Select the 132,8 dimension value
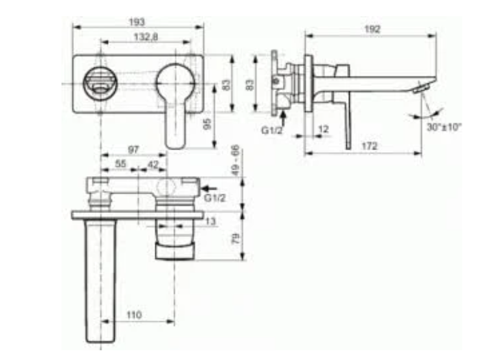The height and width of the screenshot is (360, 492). click(x=146, y=38)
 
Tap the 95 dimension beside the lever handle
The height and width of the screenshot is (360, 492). click(x=208, y=124)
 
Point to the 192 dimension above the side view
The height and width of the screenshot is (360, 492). click(x=372, y=29)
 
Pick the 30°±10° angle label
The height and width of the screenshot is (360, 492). click(x=443, y=128)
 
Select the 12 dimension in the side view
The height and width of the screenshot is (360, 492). click(x=324, y=129)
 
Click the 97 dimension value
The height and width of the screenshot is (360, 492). click(x=133, y=150)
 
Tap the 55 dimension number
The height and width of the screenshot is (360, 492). click(x=121, y=165)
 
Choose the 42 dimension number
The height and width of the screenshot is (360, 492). click(x=153, y=165)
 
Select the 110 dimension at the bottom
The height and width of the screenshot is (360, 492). click(x=134, y=315)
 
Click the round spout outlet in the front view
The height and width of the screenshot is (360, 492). click(x=99, y=84)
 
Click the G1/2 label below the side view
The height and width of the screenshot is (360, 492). click(x=272, y=129)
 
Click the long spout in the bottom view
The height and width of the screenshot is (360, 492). click(x=101, y=278)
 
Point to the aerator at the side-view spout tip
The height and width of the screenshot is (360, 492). click(x=423, y=87)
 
